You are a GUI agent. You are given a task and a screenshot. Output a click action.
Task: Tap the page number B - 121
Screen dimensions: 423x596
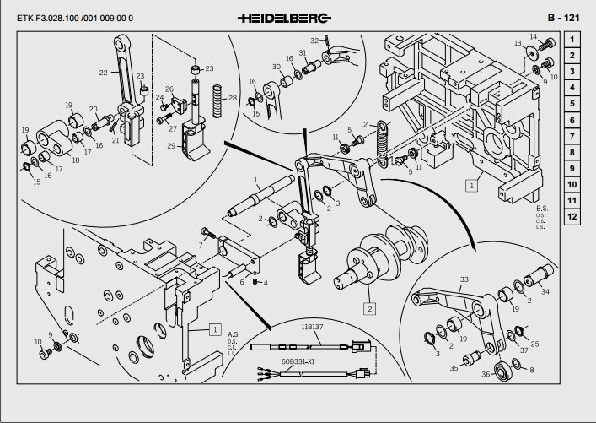click(563, 17)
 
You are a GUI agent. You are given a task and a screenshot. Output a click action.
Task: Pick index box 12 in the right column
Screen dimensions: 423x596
click(572, 216)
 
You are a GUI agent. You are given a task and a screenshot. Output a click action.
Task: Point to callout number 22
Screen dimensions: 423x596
click(104, 73)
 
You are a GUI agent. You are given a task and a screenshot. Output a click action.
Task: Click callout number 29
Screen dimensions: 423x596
click(171, 146)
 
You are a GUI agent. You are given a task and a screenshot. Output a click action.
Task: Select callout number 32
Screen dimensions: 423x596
click(314, 40)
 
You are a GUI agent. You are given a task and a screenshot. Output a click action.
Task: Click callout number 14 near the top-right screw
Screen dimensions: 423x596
click(534, 35)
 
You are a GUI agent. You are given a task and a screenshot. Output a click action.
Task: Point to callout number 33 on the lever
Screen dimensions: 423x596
click(464, 279)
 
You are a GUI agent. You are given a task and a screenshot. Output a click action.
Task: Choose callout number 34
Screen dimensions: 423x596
click(545, 292)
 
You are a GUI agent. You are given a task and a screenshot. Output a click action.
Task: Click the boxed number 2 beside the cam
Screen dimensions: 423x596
click(369, 309)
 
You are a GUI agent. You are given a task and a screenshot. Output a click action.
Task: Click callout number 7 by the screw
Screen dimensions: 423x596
click(201, 245)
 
